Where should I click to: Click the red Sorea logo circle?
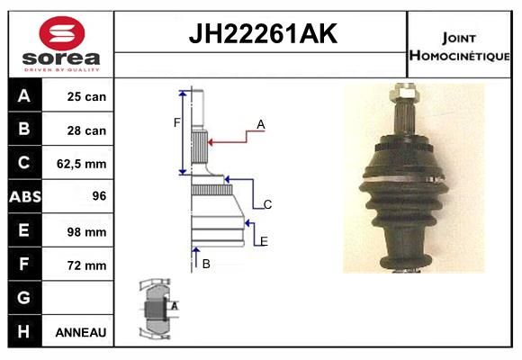click(62, 33)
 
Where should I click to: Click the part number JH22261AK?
click(263, 33)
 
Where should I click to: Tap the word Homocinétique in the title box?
click(459, 56)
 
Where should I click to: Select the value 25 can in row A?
click(86, 96)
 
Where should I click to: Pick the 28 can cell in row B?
click(86, 130)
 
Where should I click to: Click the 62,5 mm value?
click(82, 164)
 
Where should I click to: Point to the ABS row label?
click(25, 196)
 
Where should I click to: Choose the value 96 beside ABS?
click(99, 196)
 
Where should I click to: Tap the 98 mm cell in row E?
click(86, 232)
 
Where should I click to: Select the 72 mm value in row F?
click(86, 265)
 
